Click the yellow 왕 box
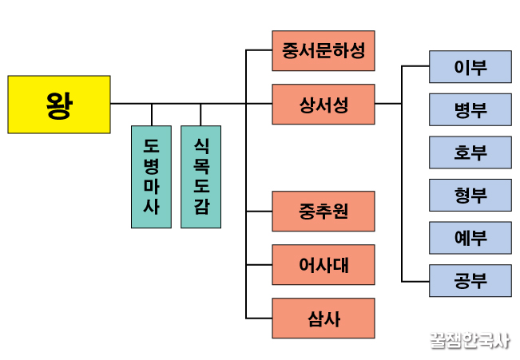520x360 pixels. pos(58,104)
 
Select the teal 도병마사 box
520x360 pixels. pos(151,176)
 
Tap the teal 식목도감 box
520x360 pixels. pos(200,176)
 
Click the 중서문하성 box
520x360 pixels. pos(323,51)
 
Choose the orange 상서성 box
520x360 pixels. pos(323,104)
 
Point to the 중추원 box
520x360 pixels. pos(323,212)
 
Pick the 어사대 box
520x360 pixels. pos(323,264)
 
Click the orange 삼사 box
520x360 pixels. pos(323,318)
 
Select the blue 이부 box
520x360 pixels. pos(470,66)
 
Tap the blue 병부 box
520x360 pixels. pos(470,109)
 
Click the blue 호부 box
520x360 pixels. pos(470,152)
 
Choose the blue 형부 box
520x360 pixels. pos(470,195)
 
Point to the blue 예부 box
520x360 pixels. pos(470,238)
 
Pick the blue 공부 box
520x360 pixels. pos(470,280)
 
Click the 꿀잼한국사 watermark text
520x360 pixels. pos(468,340)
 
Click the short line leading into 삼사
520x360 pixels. pos(259,318)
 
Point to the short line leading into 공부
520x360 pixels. pos(415,280)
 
